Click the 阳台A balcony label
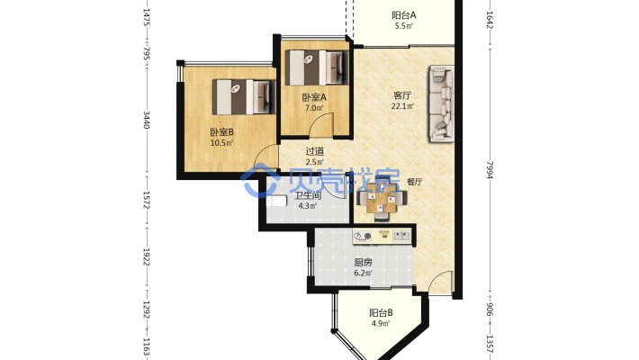404,15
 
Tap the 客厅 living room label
402,95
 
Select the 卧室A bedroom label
314,97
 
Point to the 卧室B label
221,132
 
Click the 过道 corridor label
315,151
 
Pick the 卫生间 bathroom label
308,195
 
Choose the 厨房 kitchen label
363,263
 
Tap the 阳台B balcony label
381,313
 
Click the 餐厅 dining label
415,182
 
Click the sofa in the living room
441,104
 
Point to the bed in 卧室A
317,67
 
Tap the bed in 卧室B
244,97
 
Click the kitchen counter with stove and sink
382,236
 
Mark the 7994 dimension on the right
490,170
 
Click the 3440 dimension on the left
147,120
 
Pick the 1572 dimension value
147,200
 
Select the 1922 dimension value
147,256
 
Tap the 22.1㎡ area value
402,106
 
